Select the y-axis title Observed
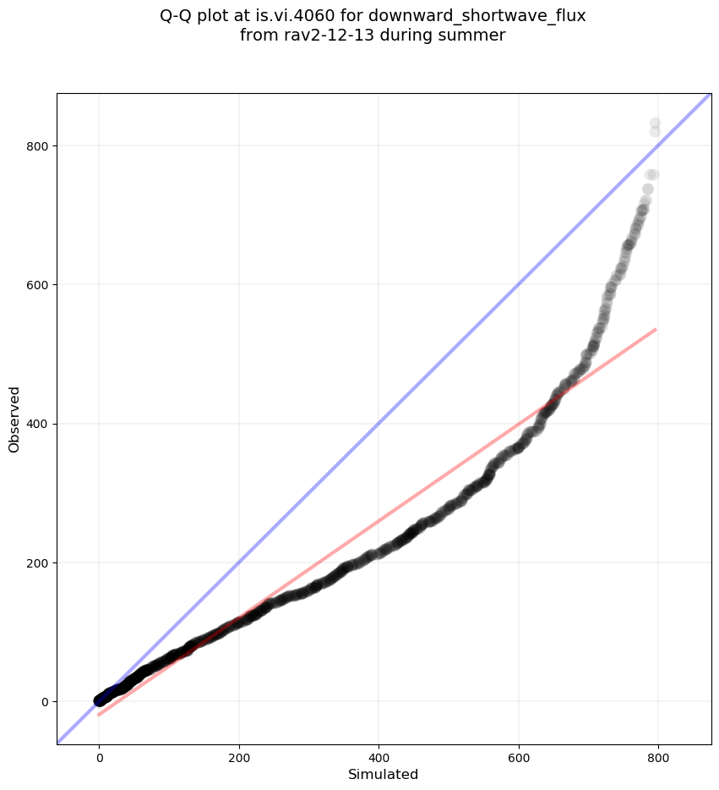click(x=14, y=419)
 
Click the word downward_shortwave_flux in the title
click(x=477, y=15)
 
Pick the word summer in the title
click(x=476, y=35)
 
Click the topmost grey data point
click(x=655, y=123)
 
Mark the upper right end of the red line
click(x=656, y=329)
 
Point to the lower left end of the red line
click(x=99, y=715)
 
